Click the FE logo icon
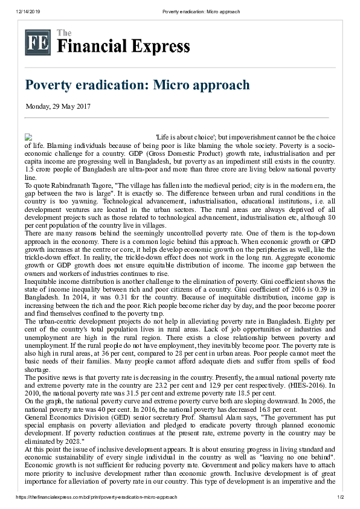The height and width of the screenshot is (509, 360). point(37,43)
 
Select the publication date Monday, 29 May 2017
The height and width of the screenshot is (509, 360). point(58,107)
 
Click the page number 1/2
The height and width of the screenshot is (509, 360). point(339,497)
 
